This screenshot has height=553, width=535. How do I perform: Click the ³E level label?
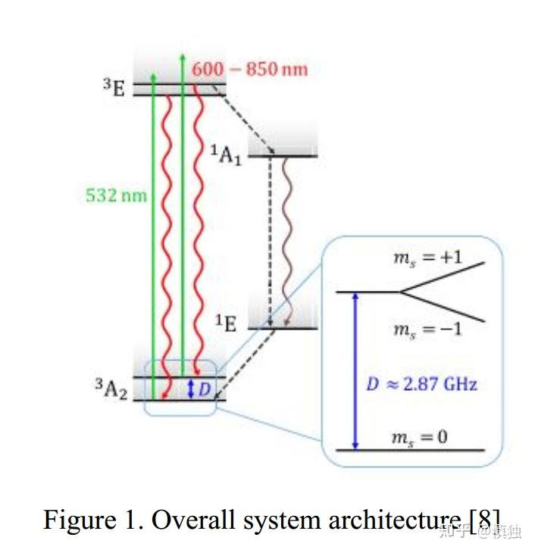coord(114,89)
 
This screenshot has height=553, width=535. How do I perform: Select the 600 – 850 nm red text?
coord(250,69)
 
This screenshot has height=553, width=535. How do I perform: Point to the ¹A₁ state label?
coord(226,155)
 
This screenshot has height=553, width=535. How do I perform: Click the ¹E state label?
coord(226,323)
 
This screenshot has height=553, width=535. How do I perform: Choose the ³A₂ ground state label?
coord(111,389)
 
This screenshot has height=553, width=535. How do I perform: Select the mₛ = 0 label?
coord(418,437)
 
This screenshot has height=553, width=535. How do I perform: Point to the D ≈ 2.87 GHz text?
coord(422,384)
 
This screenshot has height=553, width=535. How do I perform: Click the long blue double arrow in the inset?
coord(355,371)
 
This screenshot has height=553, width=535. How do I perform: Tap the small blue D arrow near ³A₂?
coord(191,389)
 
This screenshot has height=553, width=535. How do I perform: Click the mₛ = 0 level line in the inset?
coord(409,450)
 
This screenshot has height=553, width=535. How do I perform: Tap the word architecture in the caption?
coord(394,520)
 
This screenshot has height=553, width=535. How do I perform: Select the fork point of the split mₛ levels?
coord(400,292)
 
